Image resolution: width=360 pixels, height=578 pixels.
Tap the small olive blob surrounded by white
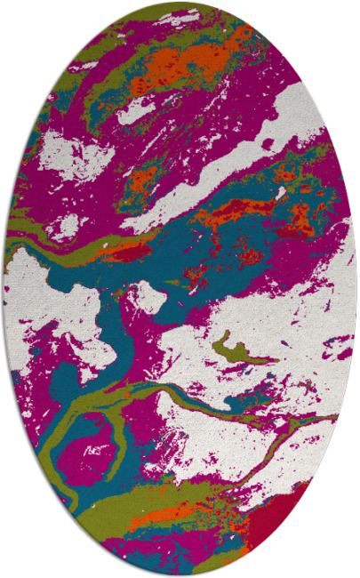coord(233,349)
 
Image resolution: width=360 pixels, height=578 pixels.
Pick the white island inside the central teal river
coord(148,298)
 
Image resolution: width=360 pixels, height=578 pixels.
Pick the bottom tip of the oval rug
coord(180,573)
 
